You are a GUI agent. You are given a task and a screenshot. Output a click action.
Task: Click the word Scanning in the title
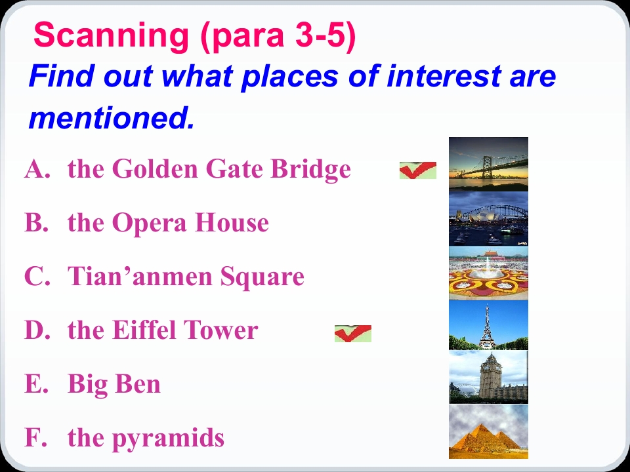tap(111, 35)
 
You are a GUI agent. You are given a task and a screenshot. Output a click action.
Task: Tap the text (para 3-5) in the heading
tap(278, 36)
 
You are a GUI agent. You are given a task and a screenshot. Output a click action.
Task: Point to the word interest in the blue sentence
tap(444, 75)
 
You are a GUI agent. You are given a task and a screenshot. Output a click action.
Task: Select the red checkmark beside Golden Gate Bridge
tap(418, 170)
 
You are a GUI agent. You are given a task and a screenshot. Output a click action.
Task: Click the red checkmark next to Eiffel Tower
tap(353, 334)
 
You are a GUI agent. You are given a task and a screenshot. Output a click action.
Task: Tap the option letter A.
tap(37, 168)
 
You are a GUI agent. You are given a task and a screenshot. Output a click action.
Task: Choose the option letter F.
tap(35, 437)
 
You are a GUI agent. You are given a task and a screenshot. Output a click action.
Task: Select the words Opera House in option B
tap(190, 223)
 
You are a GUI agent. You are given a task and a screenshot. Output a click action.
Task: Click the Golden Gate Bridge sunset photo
tap(488, 164)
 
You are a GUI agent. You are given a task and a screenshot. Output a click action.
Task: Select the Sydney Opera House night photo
tap(488, 218)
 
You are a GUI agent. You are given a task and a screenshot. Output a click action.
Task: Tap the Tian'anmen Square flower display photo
tap(488, 273)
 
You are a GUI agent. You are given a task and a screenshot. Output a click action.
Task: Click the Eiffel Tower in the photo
tap(487, 327)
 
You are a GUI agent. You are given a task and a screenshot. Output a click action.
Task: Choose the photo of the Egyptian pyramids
tap(488, 431)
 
